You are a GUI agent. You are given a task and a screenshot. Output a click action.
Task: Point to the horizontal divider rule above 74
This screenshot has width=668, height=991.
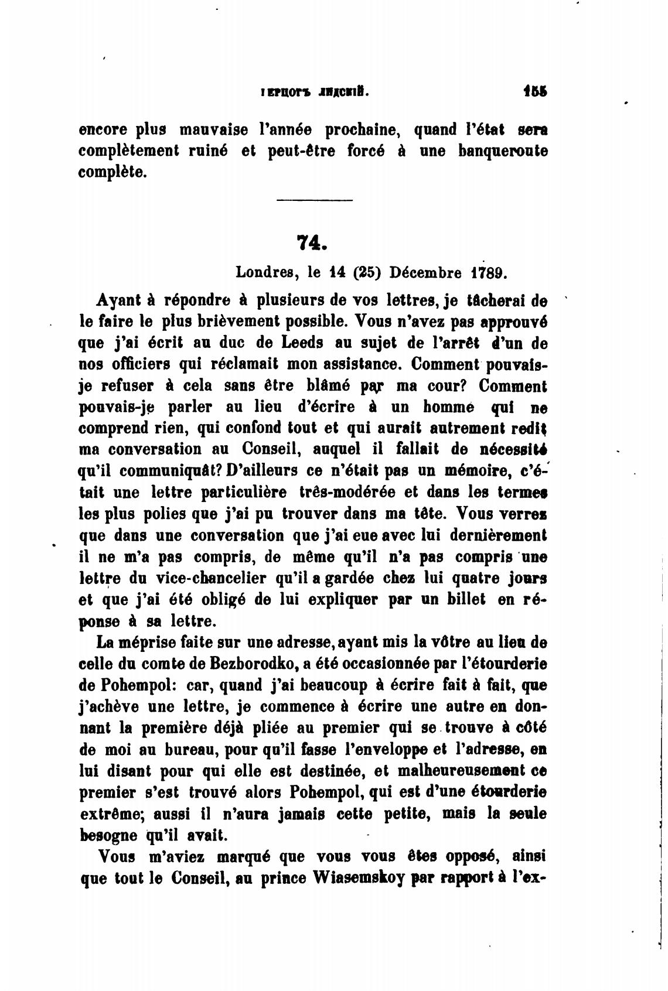[x=313, y=202]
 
